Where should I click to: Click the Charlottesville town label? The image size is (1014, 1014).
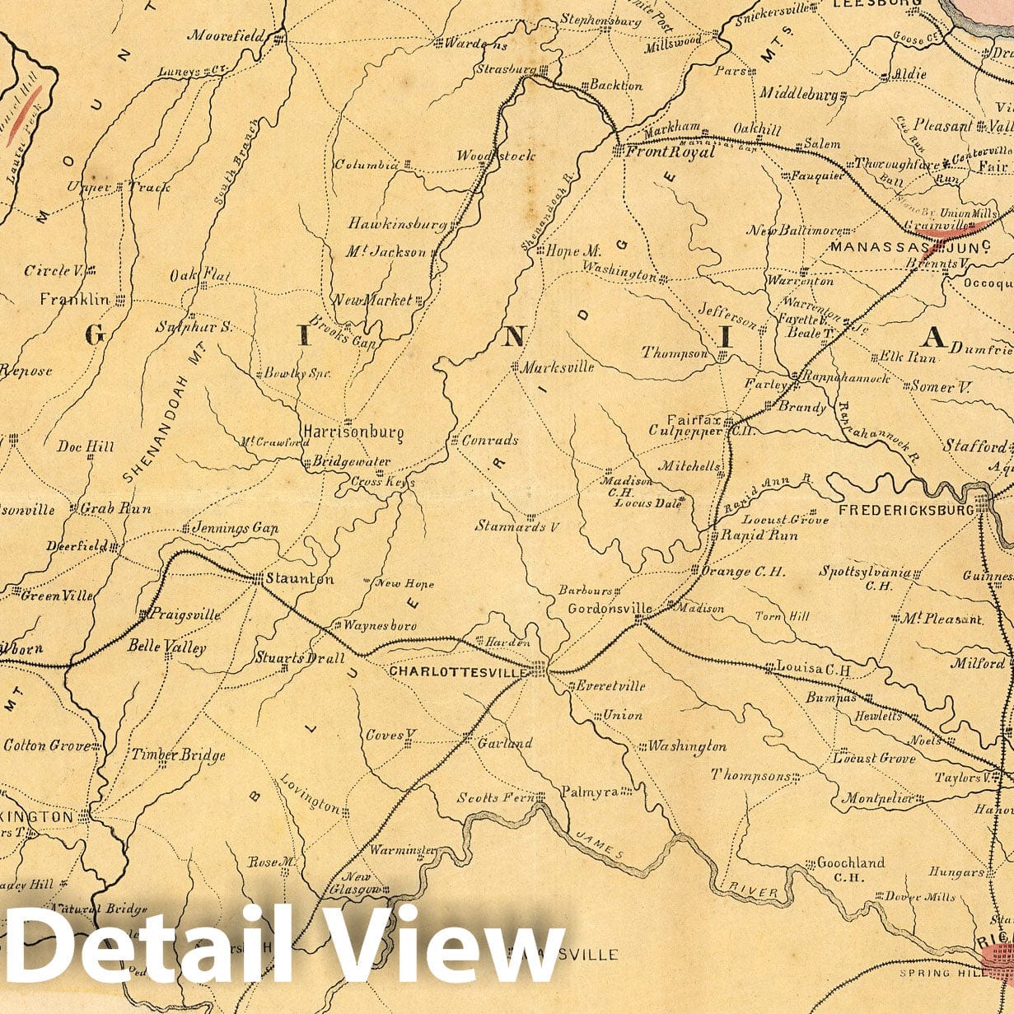tap(457, 672)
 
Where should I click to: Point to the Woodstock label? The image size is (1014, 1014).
tap(496, 156)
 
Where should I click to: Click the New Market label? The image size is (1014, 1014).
tap(372, 301)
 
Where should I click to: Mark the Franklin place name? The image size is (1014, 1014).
tap(74, 300)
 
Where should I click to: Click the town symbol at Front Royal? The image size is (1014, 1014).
tap(618, 151)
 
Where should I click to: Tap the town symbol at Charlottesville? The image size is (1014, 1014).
tap(539, 668)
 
